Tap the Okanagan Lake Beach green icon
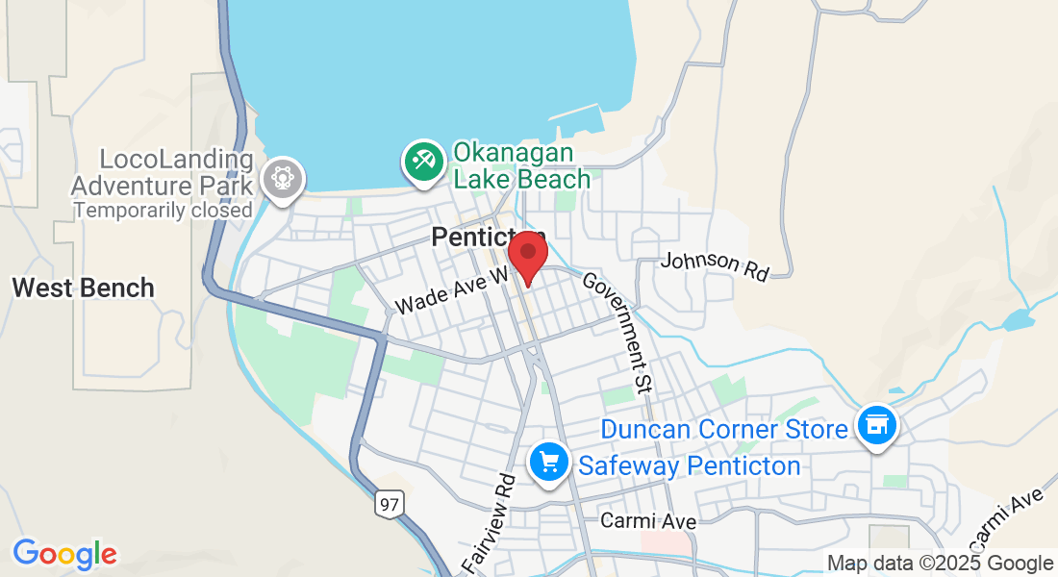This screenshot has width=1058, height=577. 423,161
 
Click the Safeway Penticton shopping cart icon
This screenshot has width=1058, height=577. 549,464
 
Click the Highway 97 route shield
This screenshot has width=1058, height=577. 389,504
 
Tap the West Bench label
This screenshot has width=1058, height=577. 83,287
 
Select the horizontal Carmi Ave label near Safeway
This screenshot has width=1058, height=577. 647,520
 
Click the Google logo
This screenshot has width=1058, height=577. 64,554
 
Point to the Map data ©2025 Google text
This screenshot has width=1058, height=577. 941,564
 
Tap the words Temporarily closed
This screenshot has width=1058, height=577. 163,210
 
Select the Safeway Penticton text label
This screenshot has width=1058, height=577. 689,466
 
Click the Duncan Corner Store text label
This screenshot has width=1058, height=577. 723,429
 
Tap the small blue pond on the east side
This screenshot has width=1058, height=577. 1017,320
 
